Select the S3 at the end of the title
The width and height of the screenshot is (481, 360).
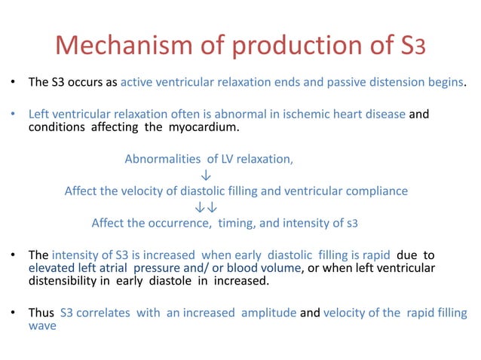tap(415, 46)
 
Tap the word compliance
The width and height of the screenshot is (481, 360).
tap(377, 191)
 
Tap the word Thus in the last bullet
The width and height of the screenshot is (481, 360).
tap(41, 313)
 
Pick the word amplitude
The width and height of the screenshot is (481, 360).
tap(268, 313)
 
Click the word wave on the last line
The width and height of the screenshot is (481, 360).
tap(42, 325)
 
